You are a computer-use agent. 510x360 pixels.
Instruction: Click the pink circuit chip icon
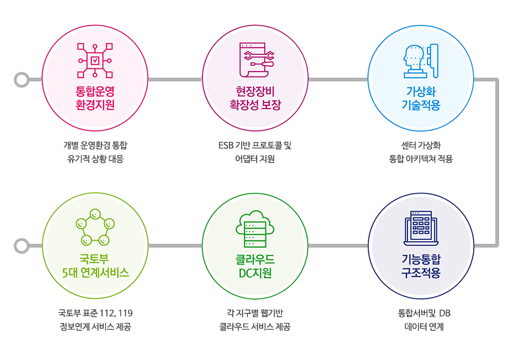coord(95,60)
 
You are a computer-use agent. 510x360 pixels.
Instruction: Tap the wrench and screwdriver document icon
coord(257,60)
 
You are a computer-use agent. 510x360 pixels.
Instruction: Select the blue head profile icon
coord(421,61)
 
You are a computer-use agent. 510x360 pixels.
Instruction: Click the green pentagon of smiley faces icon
coord(95,227)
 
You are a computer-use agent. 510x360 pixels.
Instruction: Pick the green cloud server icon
coord(255,229)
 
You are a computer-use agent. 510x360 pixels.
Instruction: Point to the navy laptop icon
coord(421,228)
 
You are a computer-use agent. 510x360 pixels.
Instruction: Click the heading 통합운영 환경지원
coord(95,98)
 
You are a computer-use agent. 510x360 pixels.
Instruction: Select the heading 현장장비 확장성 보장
coord(256,98)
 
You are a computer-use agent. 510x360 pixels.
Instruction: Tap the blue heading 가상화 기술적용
coord(421,98)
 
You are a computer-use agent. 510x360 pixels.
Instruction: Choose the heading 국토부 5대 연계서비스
coord(95,266)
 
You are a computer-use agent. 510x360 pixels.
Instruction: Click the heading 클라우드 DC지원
coord(256,266)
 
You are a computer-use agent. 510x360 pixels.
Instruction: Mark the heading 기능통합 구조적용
coord(421,266)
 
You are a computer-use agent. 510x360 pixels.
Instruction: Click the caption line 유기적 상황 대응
coord(95,159)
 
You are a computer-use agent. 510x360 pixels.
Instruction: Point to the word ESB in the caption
coord(226,145)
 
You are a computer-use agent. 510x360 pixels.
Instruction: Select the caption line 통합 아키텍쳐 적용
coord(421,159)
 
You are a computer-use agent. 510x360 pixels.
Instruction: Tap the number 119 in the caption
coord(125,313)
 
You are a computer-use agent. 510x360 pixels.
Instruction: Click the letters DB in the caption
coord(445,313)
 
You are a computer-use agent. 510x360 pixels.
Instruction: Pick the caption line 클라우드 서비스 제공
coord(255,326)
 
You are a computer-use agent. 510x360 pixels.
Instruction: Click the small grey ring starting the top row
coord(22,80)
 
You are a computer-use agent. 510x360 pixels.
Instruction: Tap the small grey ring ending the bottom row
coord(22,246)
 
